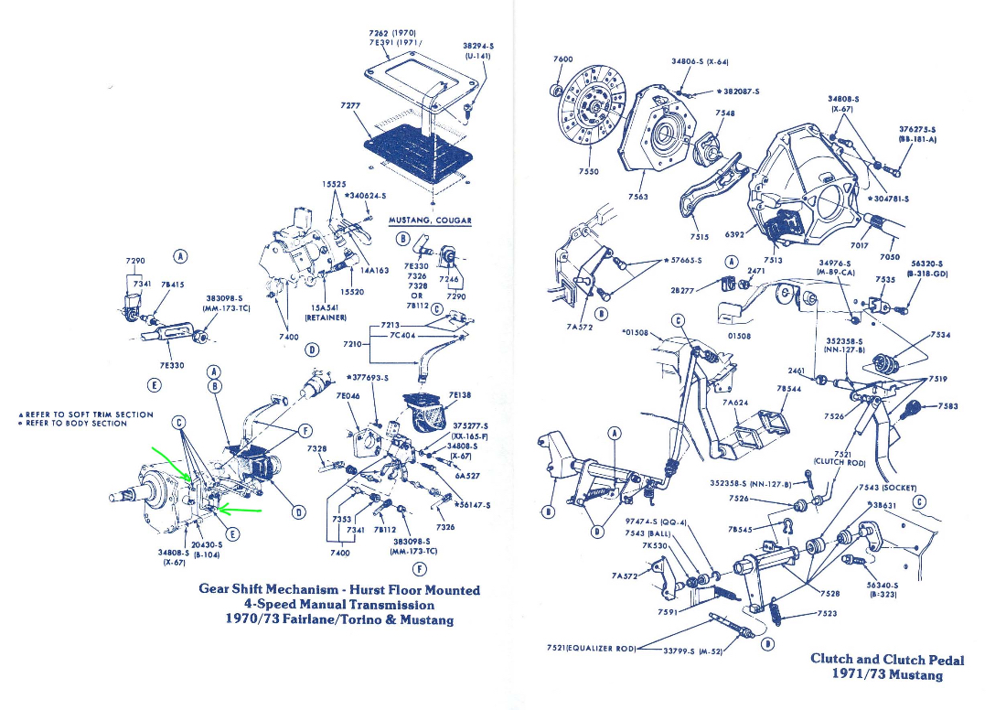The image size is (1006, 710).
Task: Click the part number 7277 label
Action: click(349, 105)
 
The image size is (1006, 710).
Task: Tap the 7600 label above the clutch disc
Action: click(563, 59)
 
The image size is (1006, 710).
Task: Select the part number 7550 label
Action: click(590, 171)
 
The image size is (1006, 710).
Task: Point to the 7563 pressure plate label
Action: click(638, 196)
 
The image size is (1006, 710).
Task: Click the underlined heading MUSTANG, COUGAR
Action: click(430, 221)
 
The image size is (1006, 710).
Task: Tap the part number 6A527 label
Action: click(466, 475)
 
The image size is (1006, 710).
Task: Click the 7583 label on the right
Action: click(948, 405)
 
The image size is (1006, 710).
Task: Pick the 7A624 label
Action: click(735, 402)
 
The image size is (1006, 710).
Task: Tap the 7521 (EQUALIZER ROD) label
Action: click(588, 648)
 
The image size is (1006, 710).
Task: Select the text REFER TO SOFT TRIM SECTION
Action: click(89, 414)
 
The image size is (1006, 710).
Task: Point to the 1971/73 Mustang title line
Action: click(886, 675)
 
